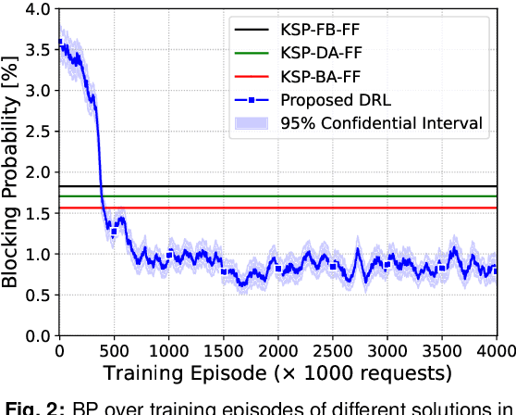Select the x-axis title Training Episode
(x=276, y=373)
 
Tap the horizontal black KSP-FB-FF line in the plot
(x=277, y=187)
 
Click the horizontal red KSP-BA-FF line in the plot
(x=277, y=208)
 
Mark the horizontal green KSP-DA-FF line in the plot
(x=277, y=196)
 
